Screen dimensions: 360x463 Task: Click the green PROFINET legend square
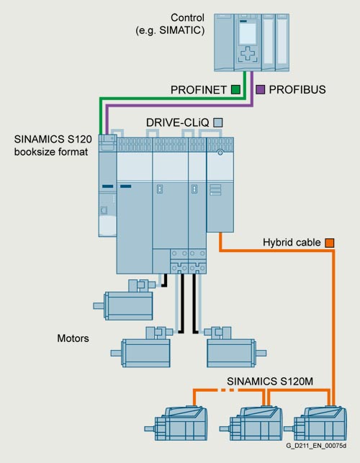point(235,89)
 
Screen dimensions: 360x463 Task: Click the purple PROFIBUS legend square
point(260,89)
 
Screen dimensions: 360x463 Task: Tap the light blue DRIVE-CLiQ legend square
point(218,122)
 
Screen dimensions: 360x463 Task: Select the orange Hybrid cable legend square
point(330,243)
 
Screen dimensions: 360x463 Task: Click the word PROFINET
point(199,90)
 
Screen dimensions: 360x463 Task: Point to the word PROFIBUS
point(297,89)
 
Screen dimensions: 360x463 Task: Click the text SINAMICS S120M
point(270,381)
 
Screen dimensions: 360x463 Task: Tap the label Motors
point(73,338)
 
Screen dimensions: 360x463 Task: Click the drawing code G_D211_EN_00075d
point(316,446)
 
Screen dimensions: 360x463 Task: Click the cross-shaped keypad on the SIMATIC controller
point(248,54)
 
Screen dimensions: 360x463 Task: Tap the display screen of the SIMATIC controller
point(248,33)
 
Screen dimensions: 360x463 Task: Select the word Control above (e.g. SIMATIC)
point(187,18)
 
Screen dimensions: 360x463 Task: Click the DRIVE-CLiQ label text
point(178,122)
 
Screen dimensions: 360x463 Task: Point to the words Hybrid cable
point(292,243)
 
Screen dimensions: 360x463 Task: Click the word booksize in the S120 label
point(33,152)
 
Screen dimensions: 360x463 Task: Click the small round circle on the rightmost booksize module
point(220,153)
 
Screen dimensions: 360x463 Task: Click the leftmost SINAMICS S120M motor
point(176,423)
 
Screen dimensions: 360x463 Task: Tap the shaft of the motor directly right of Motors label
point(117,353)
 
